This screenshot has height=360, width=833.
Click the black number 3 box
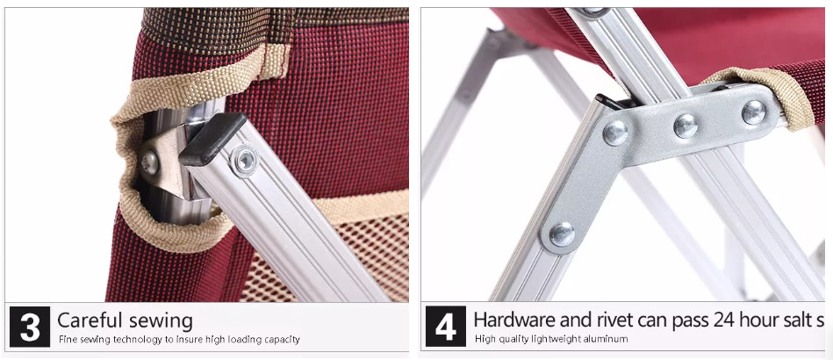point(30,327)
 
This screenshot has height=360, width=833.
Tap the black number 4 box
point(446,327)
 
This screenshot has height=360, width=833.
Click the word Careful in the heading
point(90,320)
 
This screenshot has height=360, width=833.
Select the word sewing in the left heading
point(161,321)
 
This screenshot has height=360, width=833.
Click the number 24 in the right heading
point(725,320)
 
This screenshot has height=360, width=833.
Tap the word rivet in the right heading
point(615,320)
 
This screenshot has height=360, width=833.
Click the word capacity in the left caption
point(282,339)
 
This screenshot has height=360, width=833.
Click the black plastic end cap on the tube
point(212,139)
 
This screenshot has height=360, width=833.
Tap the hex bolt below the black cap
point(244,160)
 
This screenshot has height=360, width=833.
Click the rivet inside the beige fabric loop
point(150,162)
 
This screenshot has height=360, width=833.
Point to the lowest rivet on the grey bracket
point(562,234)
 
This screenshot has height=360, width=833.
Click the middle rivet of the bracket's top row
point(686,126)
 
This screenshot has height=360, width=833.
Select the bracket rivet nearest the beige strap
point(754,112)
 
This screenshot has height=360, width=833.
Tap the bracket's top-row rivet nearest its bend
point(614,133)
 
